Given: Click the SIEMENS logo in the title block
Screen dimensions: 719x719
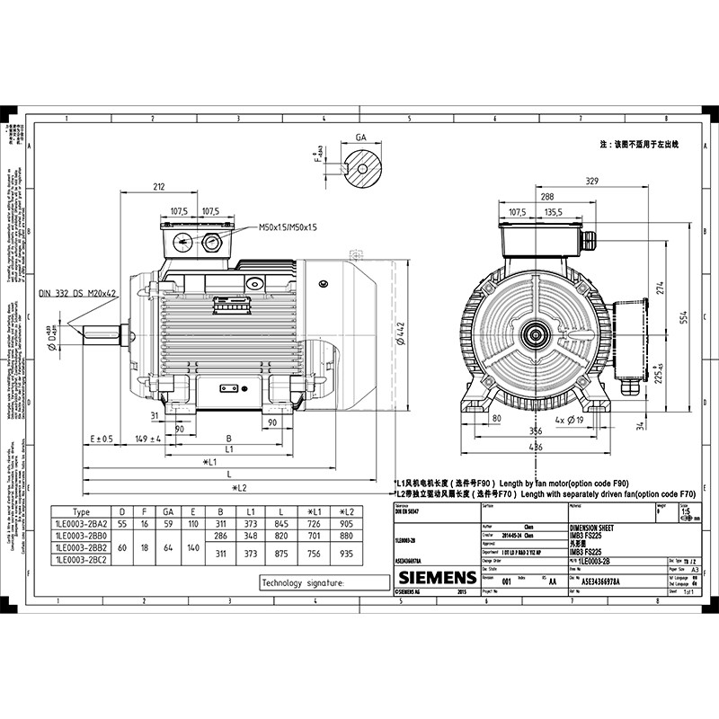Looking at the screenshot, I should pos(437,577).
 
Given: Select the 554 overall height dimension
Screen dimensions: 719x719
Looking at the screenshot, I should pos(683,318).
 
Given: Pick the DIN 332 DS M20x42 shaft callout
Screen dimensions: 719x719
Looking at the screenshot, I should pos(79,293).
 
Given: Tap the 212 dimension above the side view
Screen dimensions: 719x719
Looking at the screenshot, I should pos(159,187).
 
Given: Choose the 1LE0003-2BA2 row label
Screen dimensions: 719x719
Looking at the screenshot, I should pos(81,523).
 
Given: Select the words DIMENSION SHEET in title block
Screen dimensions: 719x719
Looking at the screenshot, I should pos(597,528).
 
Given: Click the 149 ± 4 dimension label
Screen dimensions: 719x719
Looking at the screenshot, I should pos(147,439).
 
